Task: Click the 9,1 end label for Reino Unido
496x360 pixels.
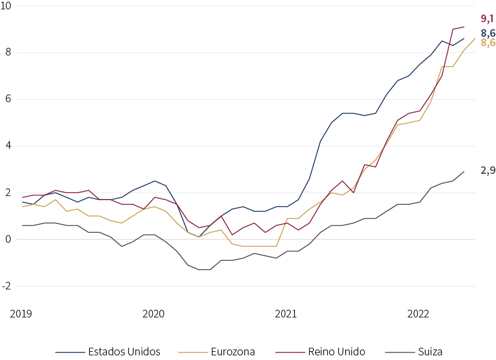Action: (x=487, y=19)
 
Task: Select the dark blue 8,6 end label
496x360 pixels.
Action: (x=488, y=33)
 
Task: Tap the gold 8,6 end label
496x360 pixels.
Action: (x=488, y=43)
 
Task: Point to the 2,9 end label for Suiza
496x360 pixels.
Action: (x=488, y=170)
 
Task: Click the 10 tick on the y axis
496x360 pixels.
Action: (x=6, y=6)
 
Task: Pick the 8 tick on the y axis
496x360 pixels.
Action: (x=8, y=52)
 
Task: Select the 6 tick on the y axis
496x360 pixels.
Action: (x=8, y=99)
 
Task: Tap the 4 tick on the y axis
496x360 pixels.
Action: (x=8, y=145)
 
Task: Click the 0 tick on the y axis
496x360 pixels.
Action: (x=8, y=239)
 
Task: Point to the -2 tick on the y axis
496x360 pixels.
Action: (x=6, y=286)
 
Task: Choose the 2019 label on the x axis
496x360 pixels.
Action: (x=21, y=314)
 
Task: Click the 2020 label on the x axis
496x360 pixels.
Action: (x=153, y=314)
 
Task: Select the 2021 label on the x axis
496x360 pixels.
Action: (x=286, y=314)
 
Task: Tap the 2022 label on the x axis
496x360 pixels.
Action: (x=418, y=314)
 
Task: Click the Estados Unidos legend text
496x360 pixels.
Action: (x=124, y=352)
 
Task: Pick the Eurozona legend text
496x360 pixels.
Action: (x=233, y=352)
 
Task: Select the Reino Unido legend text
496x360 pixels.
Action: (x=337, y=352)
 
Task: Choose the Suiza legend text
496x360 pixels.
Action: (x=430, y=352)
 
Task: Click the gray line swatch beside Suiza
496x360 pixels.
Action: (x=400, y=352)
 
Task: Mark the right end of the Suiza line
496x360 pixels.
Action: (x=464, y=172)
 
